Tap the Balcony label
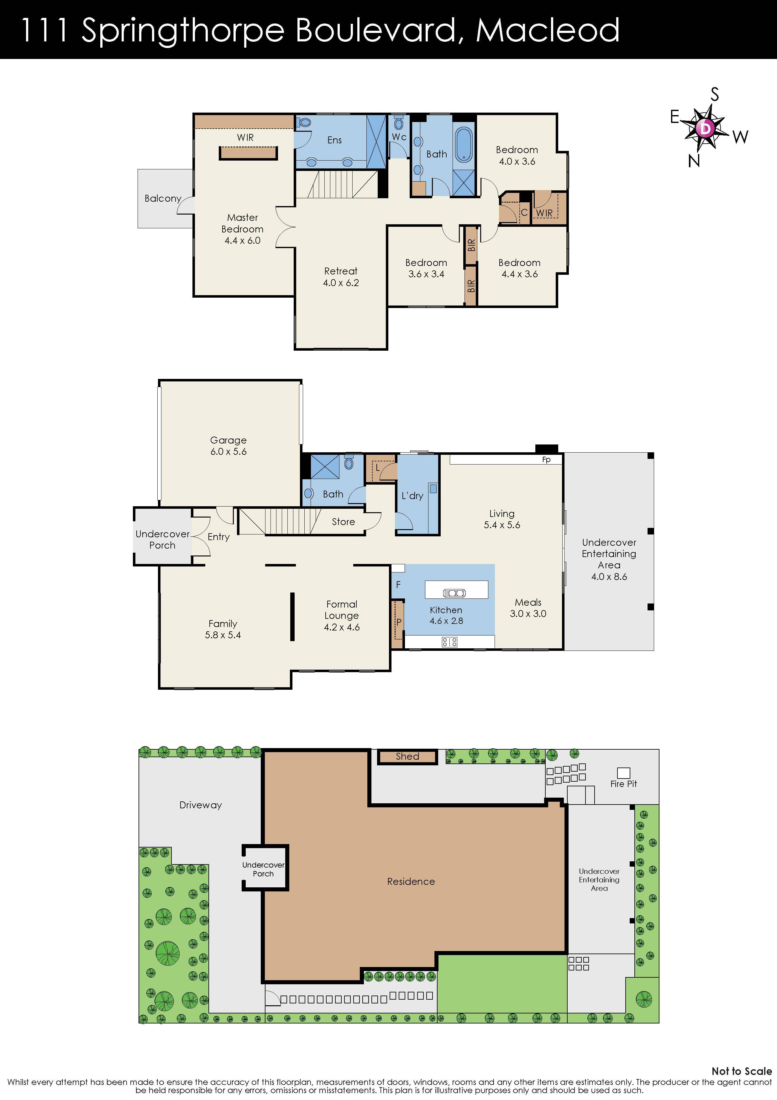[163, 198]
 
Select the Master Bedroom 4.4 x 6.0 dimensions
[243, 241]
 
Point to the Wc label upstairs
[399, 137]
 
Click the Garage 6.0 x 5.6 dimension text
[228, 451]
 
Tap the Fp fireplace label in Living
[546, 460]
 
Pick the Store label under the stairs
[343, 522]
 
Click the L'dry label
[412, 496]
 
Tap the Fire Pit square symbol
[623, 773]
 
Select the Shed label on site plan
[407, 757]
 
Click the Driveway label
[201, 805]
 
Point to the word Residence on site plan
[411, 881]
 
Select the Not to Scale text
[741, 1071]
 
